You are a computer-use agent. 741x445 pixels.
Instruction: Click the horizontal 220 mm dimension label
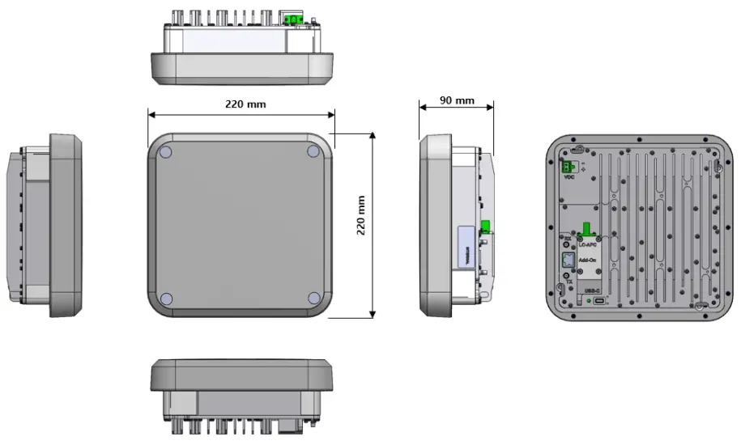click(x=245, y=104)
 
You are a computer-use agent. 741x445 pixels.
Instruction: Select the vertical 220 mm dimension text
click(x=362, y=215)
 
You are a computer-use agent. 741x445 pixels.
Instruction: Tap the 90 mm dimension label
click(x=457, y=100)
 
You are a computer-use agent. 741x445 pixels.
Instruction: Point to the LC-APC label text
click(x=588, y=244)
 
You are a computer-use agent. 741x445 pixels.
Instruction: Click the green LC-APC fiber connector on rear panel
click(x=586, y=232)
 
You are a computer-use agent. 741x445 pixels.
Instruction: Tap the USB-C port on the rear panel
click(x=598, y=301)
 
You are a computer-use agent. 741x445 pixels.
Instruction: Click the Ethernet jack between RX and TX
click(x=568, y=260)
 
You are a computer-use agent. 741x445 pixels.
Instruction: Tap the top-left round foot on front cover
click(x=165, y=151)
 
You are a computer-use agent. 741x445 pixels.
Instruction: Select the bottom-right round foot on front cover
click(x=314, y=299)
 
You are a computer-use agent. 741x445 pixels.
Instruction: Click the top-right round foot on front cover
click(x=314, y=151)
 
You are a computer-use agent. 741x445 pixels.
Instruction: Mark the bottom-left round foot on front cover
click(x=165, y=299)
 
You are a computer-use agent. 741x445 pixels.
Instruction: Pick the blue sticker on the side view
click(x=464, y=246)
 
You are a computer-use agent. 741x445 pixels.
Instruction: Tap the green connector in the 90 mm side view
click(x=487, y=227)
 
